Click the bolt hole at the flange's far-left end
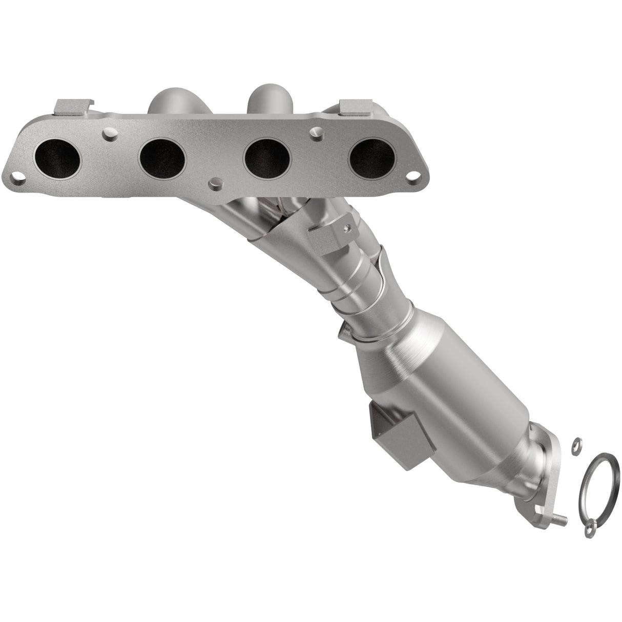coord(18,180)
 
